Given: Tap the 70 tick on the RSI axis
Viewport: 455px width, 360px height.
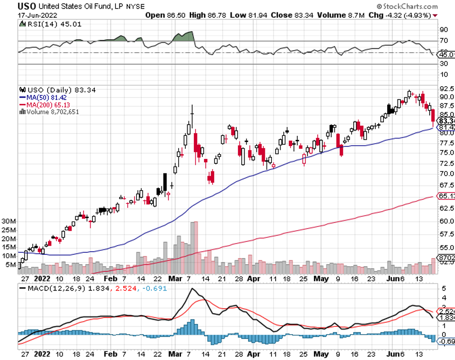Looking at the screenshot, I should coord(444,40).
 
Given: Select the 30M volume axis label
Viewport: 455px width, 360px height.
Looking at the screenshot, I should coord(9,221).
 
